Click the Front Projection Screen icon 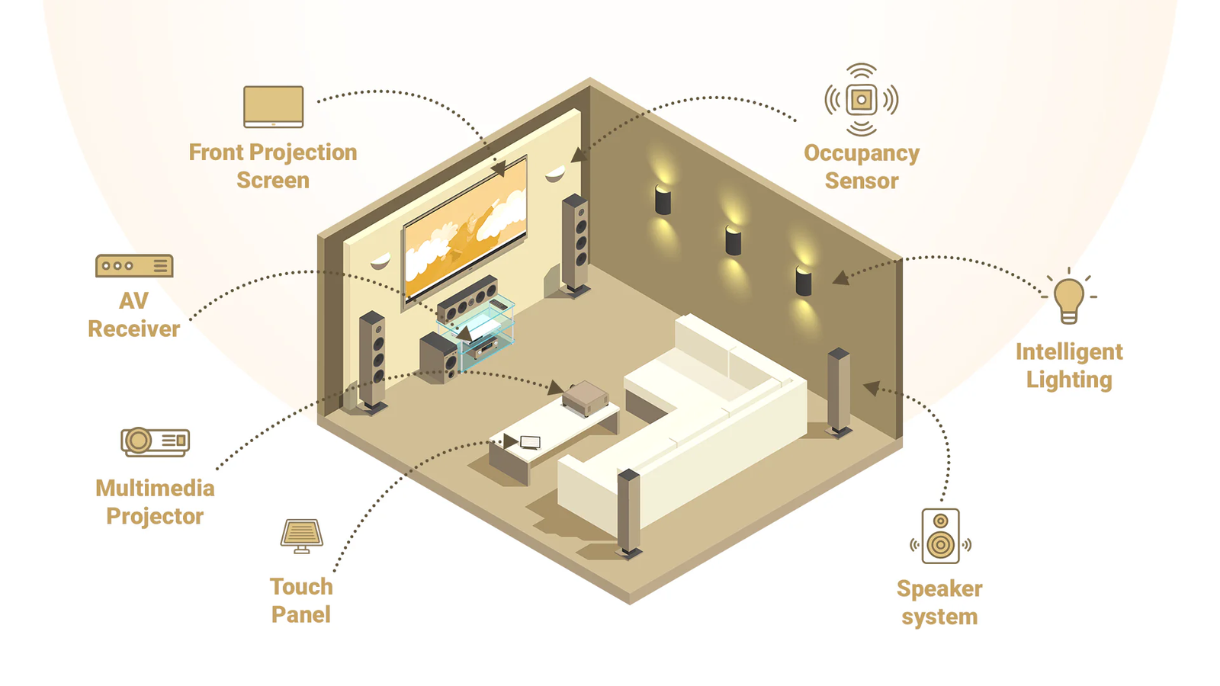[x=274, y=107]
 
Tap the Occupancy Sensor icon [x=862, y=100]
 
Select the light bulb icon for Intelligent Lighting [x=1069, y=298]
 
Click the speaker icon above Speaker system [x=940, y=536]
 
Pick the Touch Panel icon [x=302, y=535]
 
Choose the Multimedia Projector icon [x=156, y=441]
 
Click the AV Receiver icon [x=134, y=266]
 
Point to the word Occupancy [x=862, y=153]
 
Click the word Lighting [x=1069, y=380]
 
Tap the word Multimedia [x=155, y=488]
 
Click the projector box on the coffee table [x=585, y=398]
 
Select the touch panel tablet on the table [x=530, y=442]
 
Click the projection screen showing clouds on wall [x=465, y=229]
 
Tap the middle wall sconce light [x=733, y=240]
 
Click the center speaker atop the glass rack [x=467, y=299]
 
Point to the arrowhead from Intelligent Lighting [x=841, y=278]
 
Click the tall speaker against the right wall [x=839, y=390]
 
